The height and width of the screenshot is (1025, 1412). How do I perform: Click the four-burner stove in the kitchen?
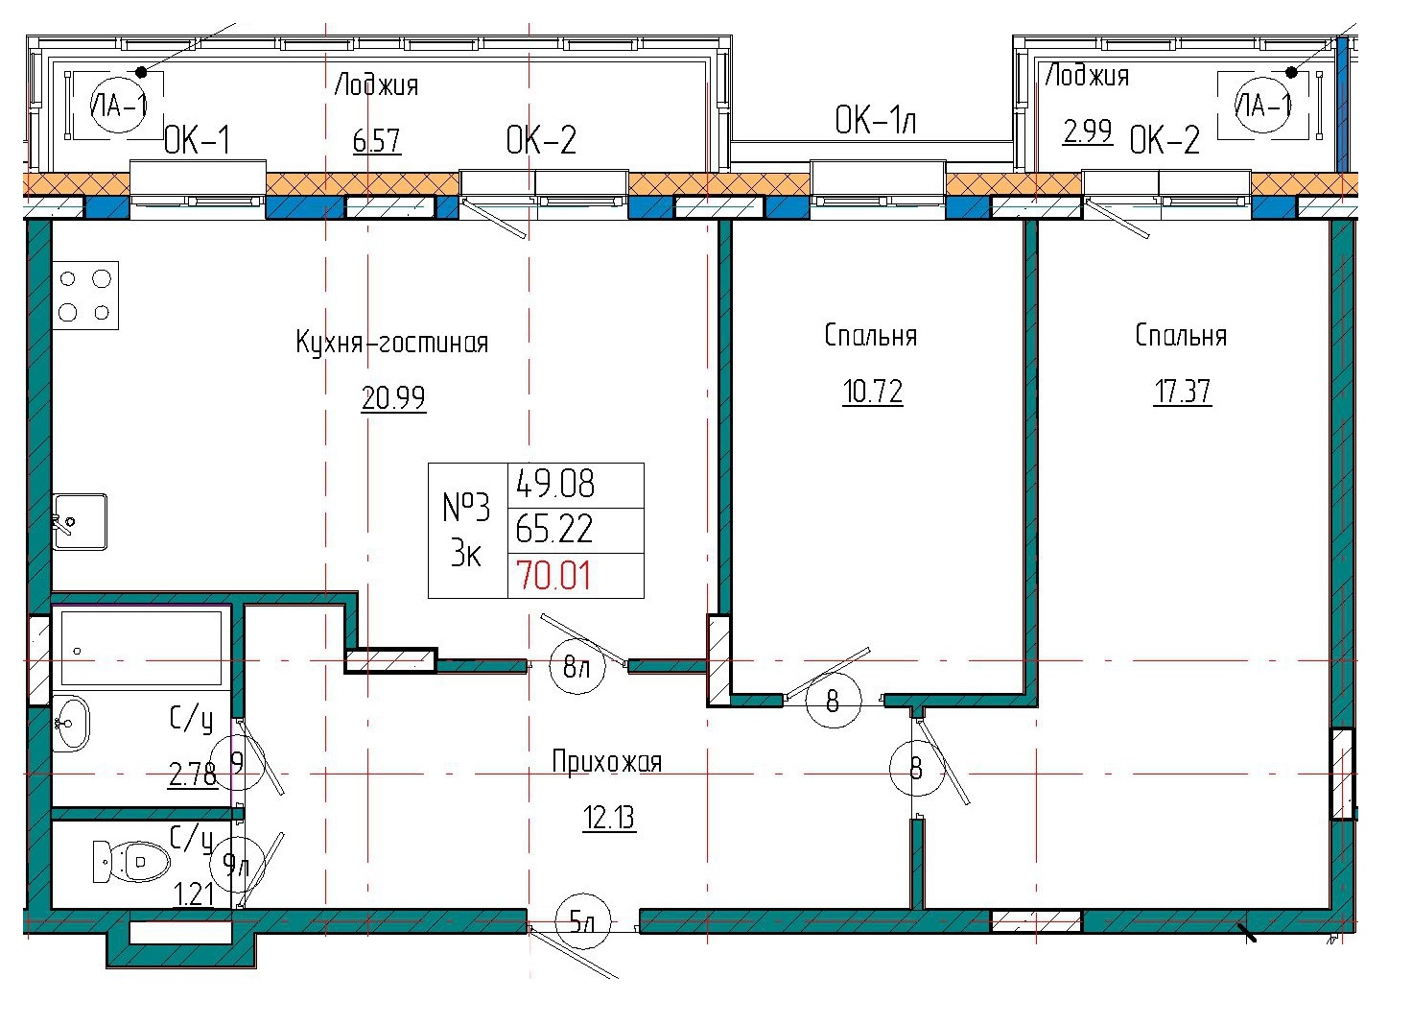point(84,295)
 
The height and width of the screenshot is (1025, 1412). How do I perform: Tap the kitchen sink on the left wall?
point(80,521)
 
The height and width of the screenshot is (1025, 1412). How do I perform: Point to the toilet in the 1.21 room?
point(131,861)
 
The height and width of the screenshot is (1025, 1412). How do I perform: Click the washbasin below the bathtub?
point(70,723)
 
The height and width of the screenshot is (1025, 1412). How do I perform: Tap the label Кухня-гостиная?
point(391,343)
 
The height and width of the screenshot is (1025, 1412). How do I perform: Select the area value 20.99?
point(393,397)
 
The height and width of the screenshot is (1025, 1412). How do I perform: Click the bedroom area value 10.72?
point(872,392)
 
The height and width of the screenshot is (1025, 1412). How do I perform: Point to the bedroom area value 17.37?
point(1182,392)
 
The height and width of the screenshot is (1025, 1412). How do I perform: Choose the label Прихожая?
point(606,762)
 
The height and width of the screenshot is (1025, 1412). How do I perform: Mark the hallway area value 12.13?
point(609,818)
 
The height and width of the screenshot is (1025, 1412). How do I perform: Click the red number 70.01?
point(554,576)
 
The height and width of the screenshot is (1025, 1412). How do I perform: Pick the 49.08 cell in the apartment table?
point(555,484)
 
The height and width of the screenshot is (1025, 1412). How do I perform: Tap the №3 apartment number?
point(466,507)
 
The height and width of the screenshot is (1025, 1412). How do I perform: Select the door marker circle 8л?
point(577,667)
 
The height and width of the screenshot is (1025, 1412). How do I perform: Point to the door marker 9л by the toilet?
point(235,866)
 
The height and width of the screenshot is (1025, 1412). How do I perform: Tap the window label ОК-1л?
point(875,121)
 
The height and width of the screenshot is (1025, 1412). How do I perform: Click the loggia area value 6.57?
point(376,141)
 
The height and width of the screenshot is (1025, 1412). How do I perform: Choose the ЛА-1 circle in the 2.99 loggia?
point(1262,106)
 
